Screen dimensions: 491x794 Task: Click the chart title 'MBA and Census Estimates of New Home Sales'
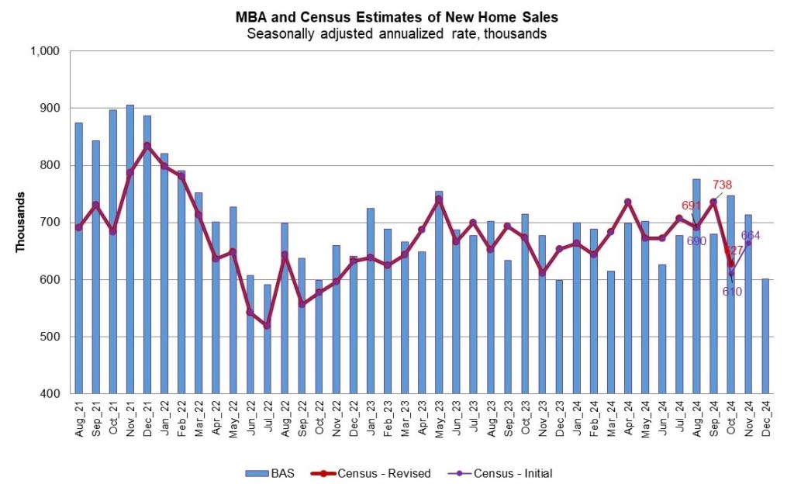[396, 16]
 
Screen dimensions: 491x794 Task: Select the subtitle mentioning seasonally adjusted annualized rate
[396, 33]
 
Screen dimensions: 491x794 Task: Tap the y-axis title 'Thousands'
[21, 222]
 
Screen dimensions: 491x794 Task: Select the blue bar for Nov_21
[129, 248]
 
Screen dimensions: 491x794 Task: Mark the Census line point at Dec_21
[147, 145]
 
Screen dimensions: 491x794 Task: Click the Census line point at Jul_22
[268, 326]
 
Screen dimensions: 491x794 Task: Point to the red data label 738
[721, 185]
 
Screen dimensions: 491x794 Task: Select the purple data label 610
[733, 292]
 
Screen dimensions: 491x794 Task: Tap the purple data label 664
[751, 235]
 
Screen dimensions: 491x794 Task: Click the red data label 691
[692, 206]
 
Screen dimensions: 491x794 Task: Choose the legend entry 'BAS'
[268, 472]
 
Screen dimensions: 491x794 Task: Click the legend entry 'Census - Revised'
[371, 472]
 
